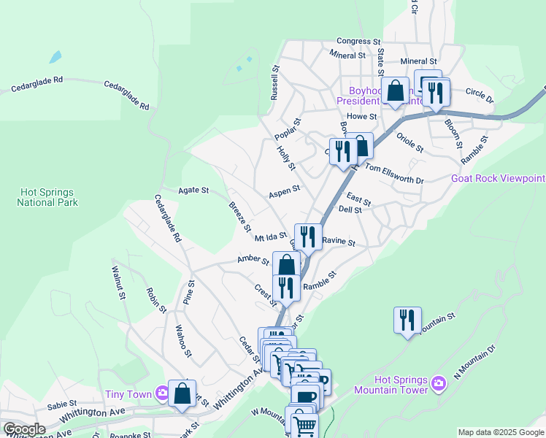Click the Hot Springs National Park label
point(47,197)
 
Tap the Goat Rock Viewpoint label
point(498,178)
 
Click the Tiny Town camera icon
point(162,394)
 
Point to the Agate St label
point(193,191)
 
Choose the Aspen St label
point(284,190)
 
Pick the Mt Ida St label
point(270,237)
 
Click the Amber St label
point(253,259)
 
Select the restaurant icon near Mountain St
point(407,319)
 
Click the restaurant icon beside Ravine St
point(307,236)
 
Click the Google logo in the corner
point(23,429)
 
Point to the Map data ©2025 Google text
point(500,432)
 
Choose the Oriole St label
point(409,142)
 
